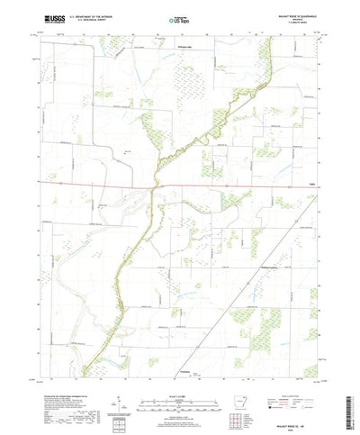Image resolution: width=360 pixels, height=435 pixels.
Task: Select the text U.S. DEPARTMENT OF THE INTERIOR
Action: pyautogui.click(x=87, y=14)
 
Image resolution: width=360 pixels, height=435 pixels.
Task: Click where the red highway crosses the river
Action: pyautogui.click(x=153, y=186)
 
